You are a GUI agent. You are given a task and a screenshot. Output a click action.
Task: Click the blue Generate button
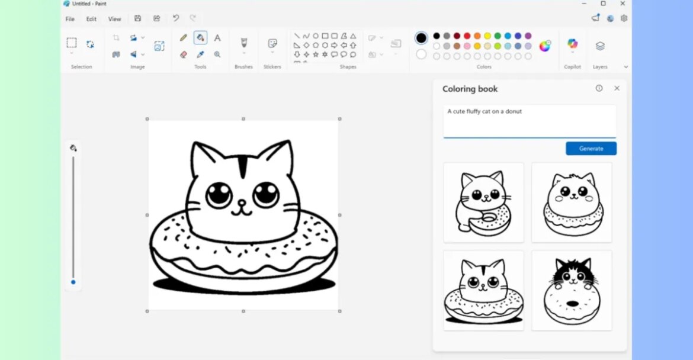click(x=591, y=149)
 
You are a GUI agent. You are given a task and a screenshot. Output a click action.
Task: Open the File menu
click(x=70, y=19)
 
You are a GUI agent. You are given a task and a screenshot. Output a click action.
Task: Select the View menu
click(x=114, y=19)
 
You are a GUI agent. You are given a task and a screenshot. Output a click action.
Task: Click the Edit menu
click(x=91, y=19)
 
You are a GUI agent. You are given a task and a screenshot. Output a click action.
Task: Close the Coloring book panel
click(x=617, y=88)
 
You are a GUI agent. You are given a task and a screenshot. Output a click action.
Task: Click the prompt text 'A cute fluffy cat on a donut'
click(x=485, y=111)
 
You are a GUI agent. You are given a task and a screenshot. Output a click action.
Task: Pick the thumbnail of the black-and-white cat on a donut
click(x=572, y=290)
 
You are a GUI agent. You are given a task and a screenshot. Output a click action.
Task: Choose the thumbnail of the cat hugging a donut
click(x=483, y=202)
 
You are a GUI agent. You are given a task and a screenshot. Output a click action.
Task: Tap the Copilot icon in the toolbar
click(x=572, y=44)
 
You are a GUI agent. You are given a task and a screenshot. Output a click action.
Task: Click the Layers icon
click(x=600, y=46)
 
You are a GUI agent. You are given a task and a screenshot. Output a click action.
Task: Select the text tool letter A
click(x=217, y=38)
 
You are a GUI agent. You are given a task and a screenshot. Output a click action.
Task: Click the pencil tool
click(x=184, y=38)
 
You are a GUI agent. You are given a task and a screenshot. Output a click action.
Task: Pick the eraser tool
click(x=184, y=54)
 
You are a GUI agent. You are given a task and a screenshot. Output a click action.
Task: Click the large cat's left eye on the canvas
click(x=219, y=194)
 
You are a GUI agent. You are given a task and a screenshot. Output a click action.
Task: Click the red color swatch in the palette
click(x=467, y=36)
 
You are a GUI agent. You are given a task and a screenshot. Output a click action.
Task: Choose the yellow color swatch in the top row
click(x=487, y=36)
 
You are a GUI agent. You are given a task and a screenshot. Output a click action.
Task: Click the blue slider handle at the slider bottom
click(x=73, y=282)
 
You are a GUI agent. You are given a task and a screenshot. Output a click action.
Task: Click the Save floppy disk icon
click(x=138, y=18)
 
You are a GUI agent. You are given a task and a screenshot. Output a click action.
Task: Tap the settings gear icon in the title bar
click(x=624, y=18)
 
